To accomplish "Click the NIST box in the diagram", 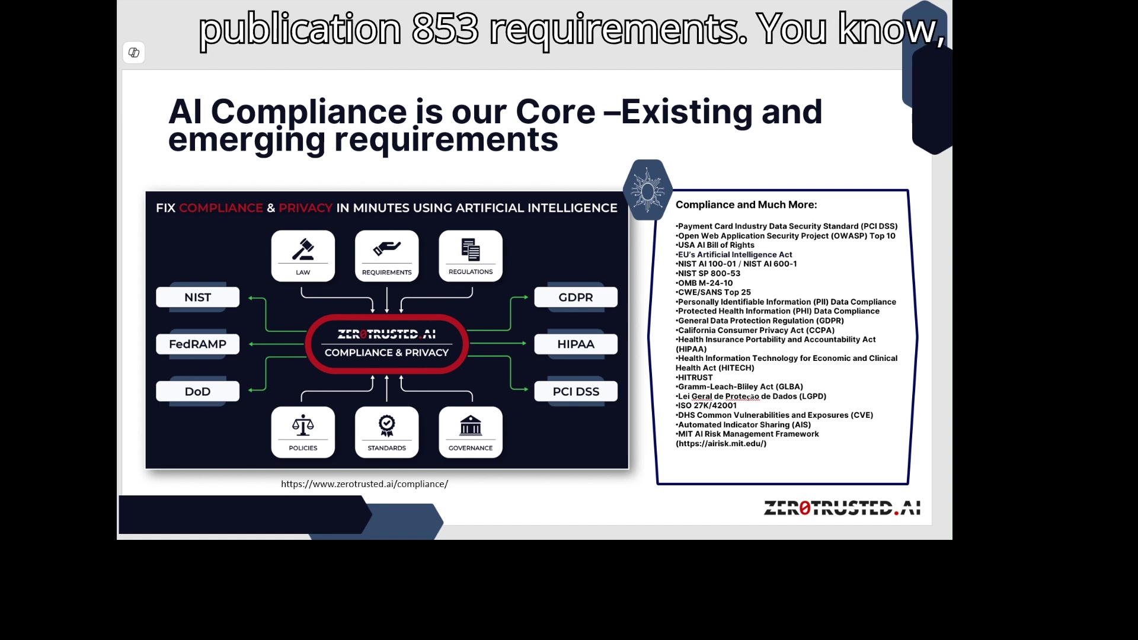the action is (x=197, y=297).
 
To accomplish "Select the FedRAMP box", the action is (x=197, y=344).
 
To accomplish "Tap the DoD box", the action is (x=197, y=391).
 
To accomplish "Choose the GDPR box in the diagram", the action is (x=576, y=297).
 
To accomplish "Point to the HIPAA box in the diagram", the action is (x=576, y=344).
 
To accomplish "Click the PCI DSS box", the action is (x=576, y=391).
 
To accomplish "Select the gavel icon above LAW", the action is (x=303, y=249).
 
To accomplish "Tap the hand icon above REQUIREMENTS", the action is (x=386, y=248).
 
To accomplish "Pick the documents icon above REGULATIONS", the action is (x=471, y=249).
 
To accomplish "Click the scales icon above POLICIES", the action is (x=303, y=425).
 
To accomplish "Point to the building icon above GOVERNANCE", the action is (x=471, y=425).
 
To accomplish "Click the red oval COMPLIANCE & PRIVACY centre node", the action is (x=386, y=344).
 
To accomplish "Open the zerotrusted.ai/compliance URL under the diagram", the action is (x=365, y=484).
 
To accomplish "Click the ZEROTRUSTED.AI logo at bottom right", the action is (x=842, y=508).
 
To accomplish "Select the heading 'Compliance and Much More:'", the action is (x=746, y=204).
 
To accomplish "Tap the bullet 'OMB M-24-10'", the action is (x=704, y=283).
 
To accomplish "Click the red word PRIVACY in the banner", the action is (x=305, y=208).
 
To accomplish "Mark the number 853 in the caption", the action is (x=445, y=28).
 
